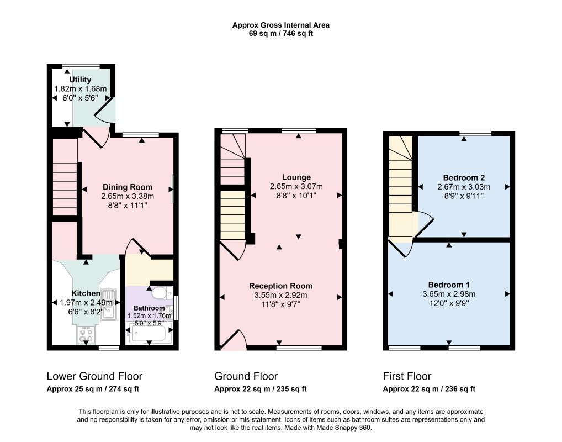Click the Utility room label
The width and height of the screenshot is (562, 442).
[x=80, y=80]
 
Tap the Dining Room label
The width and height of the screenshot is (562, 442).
[x=128, y=187]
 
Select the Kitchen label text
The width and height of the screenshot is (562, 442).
[x=86, y=293]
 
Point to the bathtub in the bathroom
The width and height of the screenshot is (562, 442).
[x=149, y=333]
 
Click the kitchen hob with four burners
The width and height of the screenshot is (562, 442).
[x=86, y=335]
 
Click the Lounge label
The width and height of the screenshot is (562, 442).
[x=296, y=177]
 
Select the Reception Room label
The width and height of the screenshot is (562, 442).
[x=280, y=286]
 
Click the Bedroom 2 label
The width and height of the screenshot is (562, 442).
[x=464, y=177]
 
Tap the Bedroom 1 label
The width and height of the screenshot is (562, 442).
[x=449, y=285]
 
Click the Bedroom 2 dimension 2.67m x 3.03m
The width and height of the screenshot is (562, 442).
[x=464, y=187]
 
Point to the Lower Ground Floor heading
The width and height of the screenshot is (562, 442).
[x=94, y=376]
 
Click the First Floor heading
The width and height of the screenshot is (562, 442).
[x=407, y=376]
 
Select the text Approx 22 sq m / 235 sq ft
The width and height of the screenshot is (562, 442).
[x=261, y=389]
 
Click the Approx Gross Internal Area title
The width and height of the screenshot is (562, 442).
[x=281, y=25]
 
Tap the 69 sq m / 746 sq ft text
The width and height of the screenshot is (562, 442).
[x=281, y=34]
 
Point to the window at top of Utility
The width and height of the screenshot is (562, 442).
[x=81, y=66]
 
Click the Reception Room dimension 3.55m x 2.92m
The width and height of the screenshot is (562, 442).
[x=280, y=295]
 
